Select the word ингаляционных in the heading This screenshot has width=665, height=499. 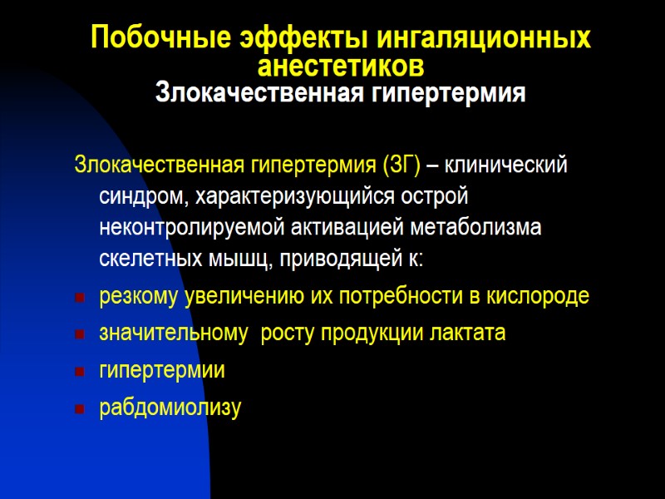485,38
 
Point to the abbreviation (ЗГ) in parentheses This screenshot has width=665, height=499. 401,165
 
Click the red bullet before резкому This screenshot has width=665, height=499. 79,298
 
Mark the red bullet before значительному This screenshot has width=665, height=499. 79,335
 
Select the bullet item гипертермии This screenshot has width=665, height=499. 162,371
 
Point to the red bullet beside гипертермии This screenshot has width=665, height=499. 79,373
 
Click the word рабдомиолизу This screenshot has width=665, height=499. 170,408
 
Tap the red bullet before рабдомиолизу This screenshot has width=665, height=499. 79,409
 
